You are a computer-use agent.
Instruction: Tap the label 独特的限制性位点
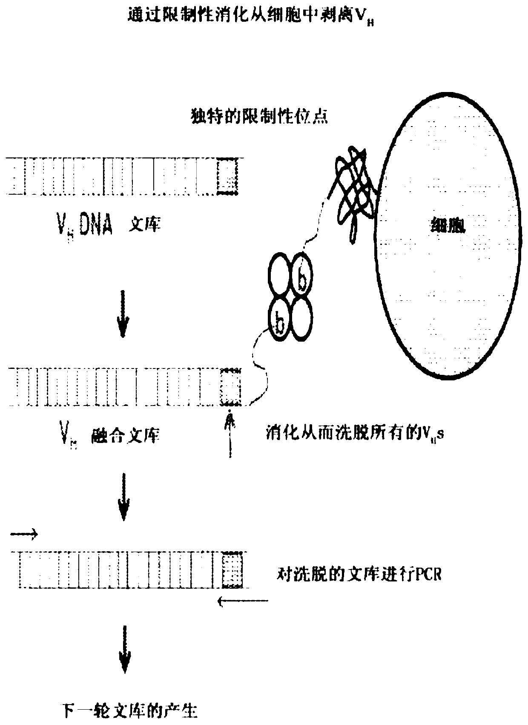pos(258,116)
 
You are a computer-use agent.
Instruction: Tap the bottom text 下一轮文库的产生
pos(130,711)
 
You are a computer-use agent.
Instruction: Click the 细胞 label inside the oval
pos(447,225)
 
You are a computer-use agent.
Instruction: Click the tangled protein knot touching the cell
pos(353,187)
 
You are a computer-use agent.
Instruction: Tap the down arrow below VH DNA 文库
pos(123,314)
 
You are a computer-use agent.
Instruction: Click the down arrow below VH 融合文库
pos(123,496)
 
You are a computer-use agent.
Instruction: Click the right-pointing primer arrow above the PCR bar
pos(24,534)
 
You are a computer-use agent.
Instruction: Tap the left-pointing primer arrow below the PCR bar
pos(243,601)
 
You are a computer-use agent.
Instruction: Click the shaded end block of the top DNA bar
pos(227,176)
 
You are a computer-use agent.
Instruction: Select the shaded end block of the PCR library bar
pos(232,570)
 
